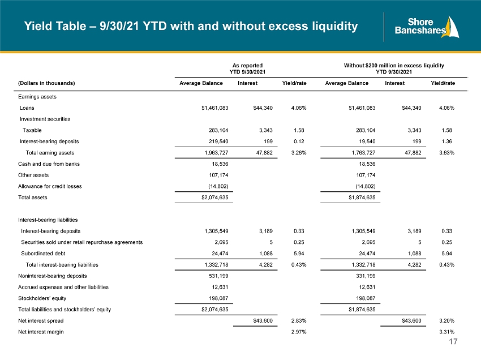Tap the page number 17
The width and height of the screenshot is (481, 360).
(x=453, y=341)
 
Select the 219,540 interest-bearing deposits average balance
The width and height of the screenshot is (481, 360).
(x=218, y=142)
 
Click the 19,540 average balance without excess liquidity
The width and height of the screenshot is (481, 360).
(x=367, y=142)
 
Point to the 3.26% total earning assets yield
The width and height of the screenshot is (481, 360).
(x=299, y=152)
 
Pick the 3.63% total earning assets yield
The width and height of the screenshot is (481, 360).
(x=446, y=152)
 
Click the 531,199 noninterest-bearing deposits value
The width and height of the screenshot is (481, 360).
(x=218, y=276)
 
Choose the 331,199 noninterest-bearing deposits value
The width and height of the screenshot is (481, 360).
(x=366, y=276)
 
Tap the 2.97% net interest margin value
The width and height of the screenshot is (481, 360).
(x=299, y=332)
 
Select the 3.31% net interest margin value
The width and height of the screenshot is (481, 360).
(x=446, y=332)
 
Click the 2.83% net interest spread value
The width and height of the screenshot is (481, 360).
(x=299, y=321)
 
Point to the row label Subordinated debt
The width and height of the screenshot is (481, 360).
(x=43, y=254)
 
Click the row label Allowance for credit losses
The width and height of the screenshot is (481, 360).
(x=50, y=186)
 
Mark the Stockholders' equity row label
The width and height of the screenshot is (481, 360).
(x=42, y=298)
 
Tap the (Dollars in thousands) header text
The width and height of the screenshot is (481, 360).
(x=46, y=83)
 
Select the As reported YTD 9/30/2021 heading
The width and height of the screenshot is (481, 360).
(x=247, y=68)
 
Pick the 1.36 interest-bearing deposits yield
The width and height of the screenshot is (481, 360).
(x=446, y=142)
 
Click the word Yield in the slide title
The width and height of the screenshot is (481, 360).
(x=38, y=26)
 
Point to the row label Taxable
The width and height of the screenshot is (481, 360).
(x=32, y=130)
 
